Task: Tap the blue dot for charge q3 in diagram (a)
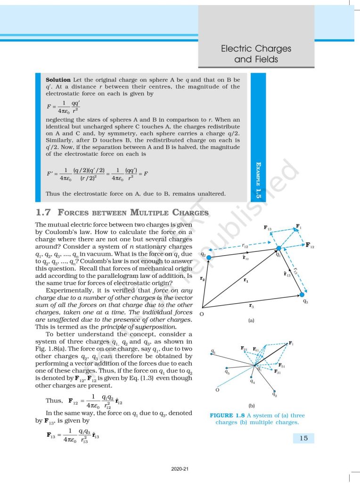pyautogui.click(x=300, y=293)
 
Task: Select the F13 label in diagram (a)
pyautogui.click(x=267, y=229)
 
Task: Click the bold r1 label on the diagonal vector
pyautogui.click(x=246, y=281)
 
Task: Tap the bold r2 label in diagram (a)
pyautogui.click(x=202, y=279)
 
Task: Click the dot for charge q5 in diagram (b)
pyautogui.click(x=227, y=368)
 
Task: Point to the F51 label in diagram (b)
pyautogui.click(x=282, y=366)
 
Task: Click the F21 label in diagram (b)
pyautogui.click(x=244, y=349)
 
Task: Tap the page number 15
pyautogui.click(x=303, y=438)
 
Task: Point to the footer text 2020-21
pyautogui.click(x=180, y=469)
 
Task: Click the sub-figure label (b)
pyautogui.click(x=252, y=405)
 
